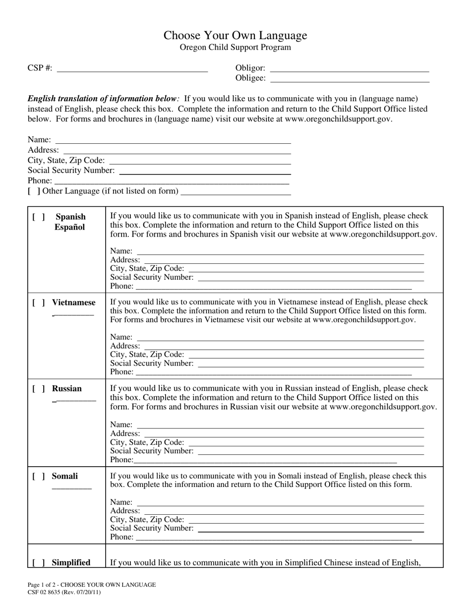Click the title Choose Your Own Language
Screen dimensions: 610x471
[x=235, y=35]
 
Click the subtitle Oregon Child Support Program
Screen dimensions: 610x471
[x=235, y=48]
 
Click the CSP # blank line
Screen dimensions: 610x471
[x=132, y=68]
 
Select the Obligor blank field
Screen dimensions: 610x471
[x=349, y=68]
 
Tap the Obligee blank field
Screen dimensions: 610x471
[x=350, y=78]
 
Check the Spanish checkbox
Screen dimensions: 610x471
[x=39, y=217]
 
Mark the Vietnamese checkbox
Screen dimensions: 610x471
[x=39, y=303]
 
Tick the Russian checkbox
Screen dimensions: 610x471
[x=39, y=389]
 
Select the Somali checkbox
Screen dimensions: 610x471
[x=39, y=477]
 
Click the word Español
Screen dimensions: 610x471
[x=70, y=228]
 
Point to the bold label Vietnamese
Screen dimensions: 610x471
[x=73, y=303]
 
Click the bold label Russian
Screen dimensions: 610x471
[x=67, y=389]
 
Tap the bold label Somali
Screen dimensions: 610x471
[x=65, y=477]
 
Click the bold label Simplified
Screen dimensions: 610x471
[x=71, y=562]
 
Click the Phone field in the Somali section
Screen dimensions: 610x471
[x=273, y=537]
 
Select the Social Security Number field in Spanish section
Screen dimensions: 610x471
[x=310, y=278]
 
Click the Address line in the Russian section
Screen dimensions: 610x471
[x=284, y=433]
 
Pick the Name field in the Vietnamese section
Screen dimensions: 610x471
[x=280, y=337]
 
